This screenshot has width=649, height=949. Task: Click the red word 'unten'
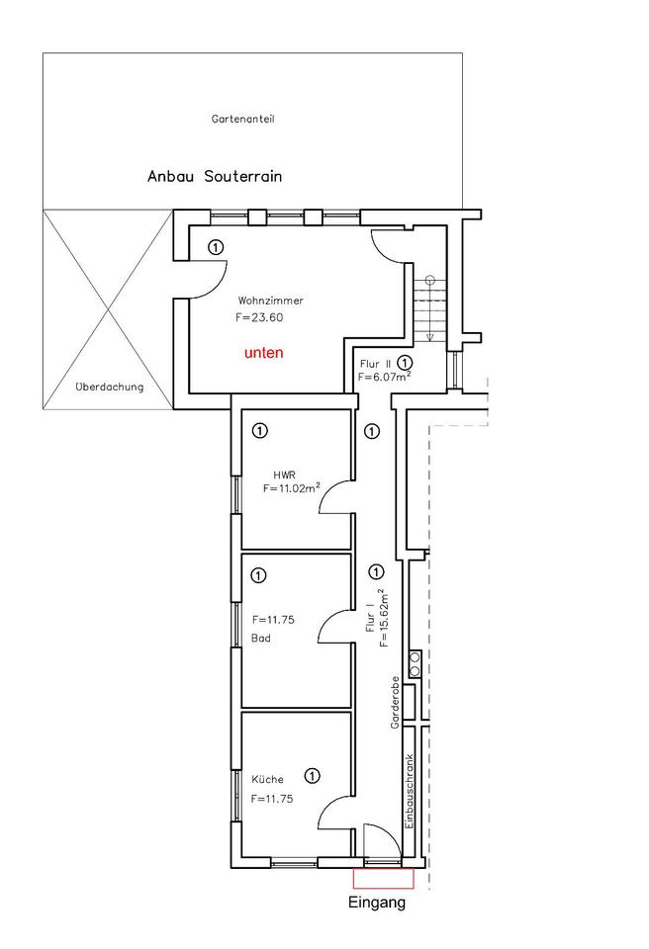[x=264, y=353]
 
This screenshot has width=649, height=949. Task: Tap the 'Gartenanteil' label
[x=242, y=119]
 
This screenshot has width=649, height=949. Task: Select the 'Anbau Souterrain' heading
[x=215, y=177]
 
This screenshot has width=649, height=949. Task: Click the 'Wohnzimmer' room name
[x=270, y=301]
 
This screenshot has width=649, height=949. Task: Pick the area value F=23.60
[x=259, y=318]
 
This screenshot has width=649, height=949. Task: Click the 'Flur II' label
[x=375, y=364]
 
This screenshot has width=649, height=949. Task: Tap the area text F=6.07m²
[x=385, y=377]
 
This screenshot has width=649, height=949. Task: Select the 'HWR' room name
[x=285, y=474]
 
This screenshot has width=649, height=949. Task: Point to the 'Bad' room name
[x=260, y=639]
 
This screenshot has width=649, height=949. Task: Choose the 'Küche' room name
[x=266, y=780]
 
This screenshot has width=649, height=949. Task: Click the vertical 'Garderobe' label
[x=395, y=703]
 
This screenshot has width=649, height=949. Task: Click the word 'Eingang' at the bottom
[x=378, y=903]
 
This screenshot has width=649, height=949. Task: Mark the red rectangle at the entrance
[x=382, y=878]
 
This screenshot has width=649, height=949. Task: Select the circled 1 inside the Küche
[x=313, y=776]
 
